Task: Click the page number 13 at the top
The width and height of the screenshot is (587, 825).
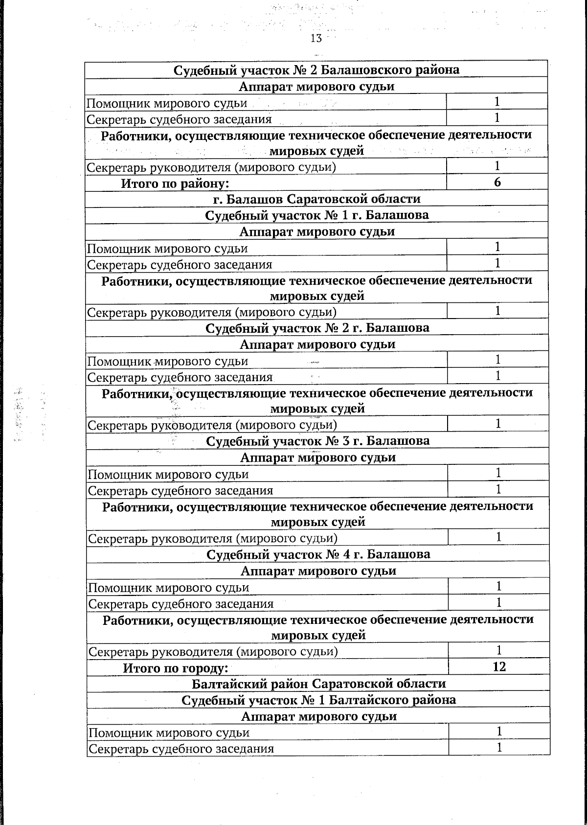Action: coord(316,39)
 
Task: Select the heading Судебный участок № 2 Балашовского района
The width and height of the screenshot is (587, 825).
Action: coord(316,70)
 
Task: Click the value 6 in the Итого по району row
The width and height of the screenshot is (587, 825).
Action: coord(497,183)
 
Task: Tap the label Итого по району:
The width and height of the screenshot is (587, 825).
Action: coord(175,183)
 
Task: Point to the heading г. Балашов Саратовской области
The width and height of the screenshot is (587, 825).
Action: coord(316,199)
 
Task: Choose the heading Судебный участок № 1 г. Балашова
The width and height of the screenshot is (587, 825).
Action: coord(316,215)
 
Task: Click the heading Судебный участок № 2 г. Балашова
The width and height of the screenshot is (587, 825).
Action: coord(317,328)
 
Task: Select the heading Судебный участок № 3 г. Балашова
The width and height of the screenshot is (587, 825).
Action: coord(317,441)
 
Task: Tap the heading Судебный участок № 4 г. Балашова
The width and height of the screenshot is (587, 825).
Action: coord(318,554)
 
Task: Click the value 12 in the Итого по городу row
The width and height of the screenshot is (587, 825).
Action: coord(499,666)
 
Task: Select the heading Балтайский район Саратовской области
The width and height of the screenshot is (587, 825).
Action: coord(318,684)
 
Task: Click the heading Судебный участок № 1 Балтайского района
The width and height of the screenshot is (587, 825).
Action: coord(318,700)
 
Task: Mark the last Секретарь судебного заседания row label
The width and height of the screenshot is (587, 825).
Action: coord(181,749)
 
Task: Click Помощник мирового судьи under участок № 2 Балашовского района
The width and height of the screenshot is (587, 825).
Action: coord(167,103)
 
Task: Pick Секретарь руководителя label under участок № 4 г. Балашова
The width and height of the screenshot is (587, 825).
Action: coord(213,652)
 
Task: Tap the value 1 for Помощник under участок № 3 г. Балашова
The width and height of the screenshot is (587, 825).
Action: coord(498,473)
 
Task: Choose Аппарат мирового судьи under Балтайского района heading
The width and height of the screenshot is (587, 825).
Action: coord(318,716)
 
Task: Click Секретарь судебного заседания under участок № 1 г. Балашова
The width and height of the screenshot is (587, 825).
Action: coord(180,265)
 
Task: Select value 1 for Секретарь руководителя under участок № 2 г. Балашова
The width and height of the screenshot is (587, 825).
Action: coord(498,423)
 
